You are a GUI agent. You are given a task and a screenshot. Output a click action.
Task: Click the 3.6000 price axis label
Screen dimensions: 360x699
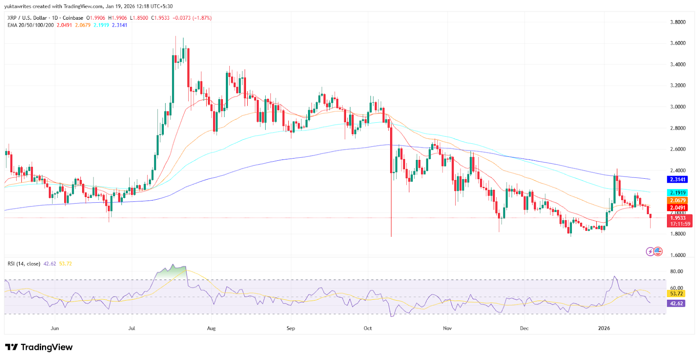678,43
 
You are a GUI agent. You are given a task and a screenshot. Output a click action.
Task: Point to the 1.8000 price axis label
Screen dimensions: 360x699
678,234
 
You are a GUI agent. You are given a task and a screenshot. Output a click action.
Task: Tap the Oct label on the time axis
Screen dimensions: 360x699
368,328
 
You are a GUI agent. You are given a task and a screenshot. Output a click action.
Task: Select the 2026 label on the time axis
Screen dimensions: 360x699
604,328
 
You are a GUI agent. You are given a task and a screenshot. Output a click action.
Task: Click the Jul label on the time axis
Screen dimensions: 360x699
132,328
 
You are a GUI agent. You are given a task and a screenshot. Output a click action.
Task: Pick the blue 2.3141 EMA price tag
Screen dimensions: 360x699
678,180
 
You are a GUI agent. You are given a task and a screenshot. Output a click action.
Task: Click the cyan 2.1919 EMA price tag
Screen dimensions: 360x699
678,193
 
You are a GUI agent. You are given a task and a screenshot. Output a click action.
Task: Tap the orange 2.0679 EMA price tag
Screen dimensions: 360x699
678,201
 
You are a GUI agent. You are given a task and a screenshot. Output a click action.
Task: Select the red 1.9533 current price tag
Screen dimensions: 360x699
678,218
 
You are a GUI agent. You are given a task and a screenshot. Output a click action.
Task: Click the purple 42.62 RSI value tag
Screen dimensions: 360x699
676,303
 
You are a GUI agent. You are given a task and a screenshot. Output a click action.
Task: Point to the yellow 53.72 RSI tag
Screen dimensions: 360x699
676,294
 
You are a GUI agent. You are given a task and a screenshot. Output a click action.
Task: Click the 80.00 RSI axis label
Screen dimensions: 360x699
676,271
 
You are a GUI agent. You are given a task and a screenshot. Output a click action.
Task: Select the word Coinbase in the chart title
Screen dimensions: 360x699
73,18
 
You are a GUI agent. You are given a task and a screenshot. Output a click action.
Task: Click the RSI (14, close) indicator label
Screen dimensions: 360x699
24,264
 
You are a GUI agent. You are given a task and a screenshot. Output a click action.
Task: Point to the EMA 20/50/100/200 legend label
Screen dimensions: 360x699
31,25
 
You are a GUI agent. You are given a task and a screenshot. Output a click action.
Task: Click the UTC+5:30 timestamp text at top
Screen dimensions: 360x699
161,7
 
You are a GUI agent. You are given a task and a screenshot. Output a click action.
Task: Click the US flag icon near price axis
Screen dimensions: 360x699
658,251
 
